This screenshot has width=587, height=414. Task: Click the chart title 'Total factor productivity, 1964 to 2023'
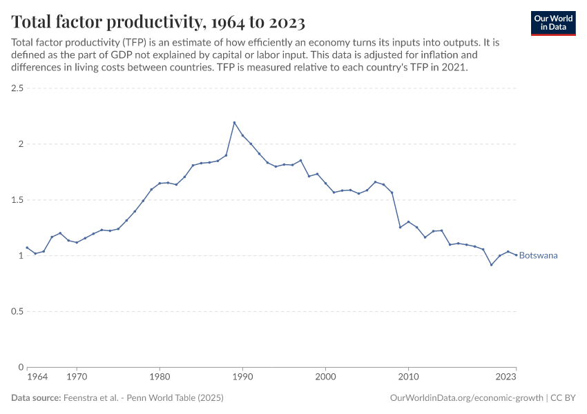tap(158, 22)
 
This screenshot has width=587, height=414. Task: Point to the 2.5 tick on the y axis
tap(17, 88)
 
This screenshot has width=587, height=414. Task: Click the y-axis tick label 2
tap(21, 144)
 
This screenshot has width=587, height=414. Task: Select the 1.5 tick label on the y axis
tap(17, 200)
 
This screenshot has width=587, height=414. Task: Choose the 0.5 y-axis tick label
tap(17, 311)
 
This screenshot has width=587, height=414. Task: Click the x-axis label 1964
tap(37, 377)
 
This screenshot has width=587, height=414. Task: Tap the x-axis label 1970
tap(77, 377)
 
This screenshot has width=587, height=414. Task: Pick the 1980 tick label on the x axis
tap(160, 377)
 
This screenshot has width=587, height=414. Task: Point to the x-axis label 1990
tap(242, 377)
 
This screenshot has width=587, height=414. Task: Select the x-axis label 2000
tap(325, 377)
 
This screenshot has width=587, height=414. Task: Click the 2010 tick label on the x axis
tap(408, 377)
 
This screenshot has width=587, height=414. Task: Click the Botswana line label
tap(538, 255)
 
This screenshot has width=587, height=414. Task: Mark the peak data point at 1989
tap(234, 123)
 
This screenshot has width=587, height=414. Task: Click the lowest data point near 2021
tap(491, 264)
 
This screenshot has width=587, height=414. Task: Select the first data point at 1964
tap(27, 247)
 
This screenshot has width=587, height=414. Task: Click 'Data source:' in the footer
tap(36, 398)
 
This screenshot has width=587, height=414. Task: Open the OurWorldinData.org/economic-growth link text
tap(466, 398)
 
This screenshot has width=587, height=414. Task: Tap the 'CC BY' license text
tap(563, 398)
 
